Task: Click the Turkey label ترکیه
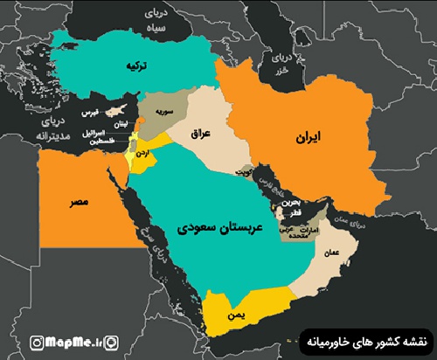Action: [135, 66]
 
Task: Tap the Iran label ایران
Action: [309, 137]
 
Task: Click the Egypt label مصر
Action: [79, 200]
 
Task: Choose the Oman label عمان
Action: [331, 252]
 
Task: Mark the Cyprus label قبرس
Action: [89, 114]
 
